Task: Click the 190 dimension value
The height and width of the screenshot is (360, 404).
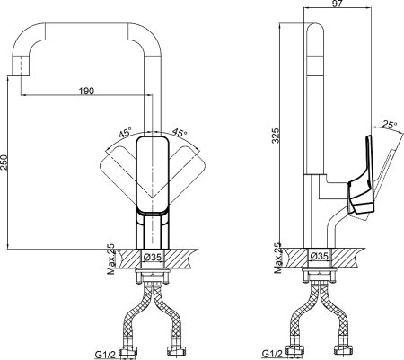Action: [x=86, y=91]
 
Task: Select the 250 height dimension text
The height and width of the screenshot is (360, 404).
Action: [x=4, y=162]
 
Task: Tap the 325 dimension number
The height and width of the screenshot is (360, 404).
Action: [x=276, y=136]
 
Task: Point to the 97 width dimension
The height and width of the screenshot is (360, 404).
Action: [x=338, y=4]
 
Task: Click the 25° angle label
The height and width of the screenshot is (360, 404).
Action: [x=390, y=125]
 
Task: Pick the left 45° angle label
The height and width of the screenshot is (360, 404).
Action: [x=126, y=132]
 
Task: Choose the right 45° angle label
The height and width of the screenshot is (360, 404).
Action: [x=180, y=132]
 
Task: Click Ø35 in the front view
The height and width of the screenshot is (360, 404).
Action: [x=153, y=257]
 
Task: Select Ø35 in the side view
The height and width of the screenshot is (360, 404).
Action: [x=320, y=256]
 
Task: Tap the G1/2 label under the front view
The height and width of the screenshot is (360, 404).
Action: [x=105, y=355]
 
